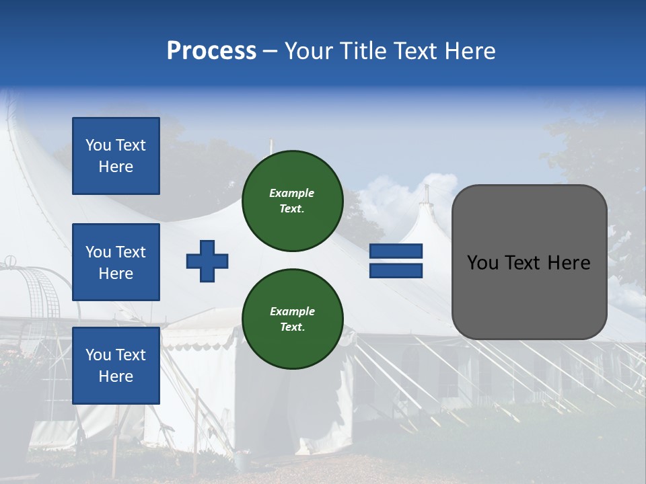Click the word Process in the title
[x=211, y=51]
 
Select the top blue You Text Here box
[x=116, y=156]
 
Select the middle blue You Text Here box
[x=116, y=262]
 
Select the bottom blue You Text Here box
[x=116, y=365]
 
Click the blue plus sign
[x=207, y=261]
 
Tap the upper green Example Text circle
[x=292, y=201]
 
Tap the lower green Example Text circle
[x=292, y=319]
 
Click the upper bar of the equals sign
[x=396, y=251]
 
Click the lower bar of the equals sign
[x=396, y=270]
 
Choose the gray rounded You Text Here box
[x=529, y=262]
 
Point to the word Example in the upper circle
[x=292, y=193]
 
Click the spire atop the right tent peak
[x=426, y=194]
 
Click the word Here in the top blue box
[x=116, y=167]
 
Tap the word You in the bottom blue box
[x=98, y=355]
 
